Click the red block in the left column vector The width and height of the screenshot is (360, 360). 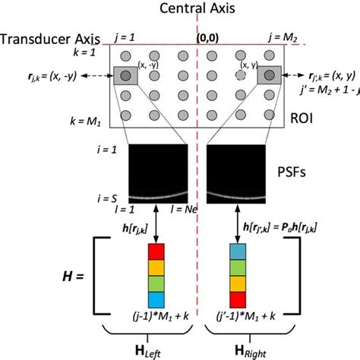(x=155, y=251)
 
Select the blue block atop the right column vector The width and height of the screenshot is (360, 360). (x=237, y=251)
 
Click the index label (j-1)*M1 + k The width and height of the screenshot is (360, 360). (x=155, y=312)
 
